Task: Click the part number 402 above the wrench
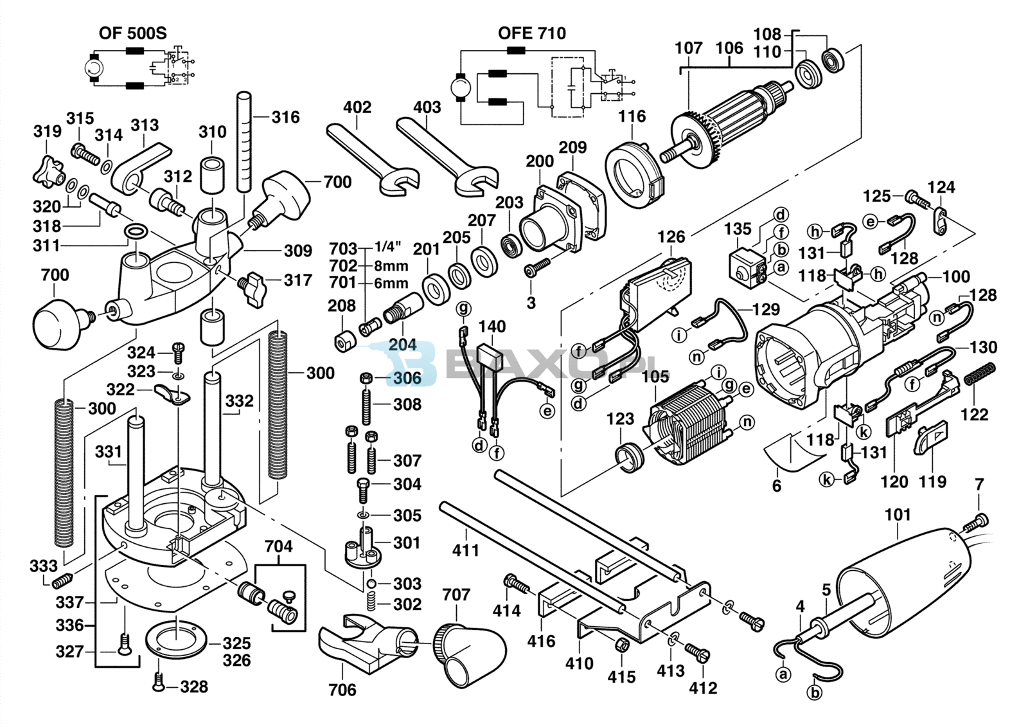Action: point(357,107)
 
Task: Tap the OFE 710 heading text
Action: point(531,33)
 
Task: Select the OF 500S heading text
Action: point(132,33)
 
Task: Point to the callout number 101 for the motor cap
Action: point(898,515)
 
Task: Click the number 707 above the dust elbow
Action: point(456,595)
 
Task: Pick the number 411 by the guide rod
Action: point(465,550)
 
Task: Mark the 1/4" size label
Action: point(387,247)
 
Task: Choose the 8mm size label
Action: point(391,265)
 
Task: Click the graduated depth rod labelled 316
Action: point(244,141)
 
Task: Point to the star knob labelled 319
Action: point(48,168)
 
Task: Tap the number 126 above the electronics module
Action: point(671,237)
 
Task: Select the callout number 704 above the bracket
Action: point(278,546)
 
